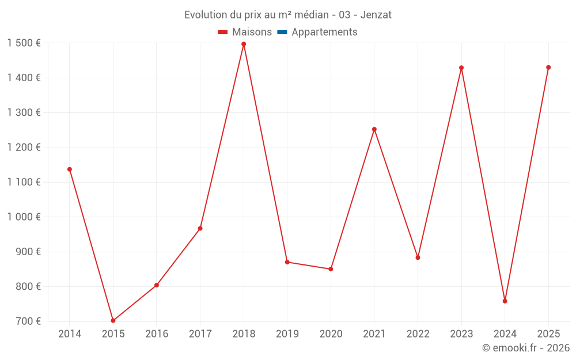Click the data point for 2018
pos(244,44)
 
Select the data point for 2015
pos(113,320)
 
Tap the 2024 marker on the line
pos(505,301)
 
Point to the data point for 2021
pos(374,129)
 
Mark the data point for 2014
pos(70,169)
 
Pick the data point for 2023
pos(461,68)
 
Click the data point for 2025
pos(548,67)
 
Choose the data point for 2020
pos(331,269)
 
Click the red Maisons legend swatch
pos(223,32)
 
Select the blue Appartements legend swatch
pos(282,32)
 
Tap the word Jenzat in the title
pos(377,15)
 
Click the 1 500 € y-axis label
pos(24,43)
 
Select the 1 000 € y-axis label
pos(24,217)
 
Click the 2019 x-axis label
pos(287,334)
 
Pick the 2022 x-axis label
pos(418,334)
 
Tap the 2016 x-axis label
pos(157,334)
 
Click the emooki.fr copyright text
pos(525,348)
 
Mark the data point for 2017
pos(200,229)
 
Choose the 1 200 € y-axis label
pos(24,147)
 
